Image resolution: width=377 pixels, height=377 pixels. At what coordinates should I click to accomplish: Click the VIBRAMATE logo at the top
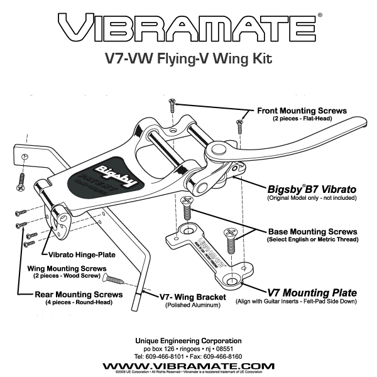coord(187,28)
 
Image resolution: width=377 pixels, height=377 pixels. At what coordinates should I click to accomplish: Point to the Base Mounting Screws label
coord(313,231)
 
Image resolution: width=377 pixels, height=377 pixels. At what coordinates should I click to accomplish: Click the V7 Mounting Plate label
coord(312,292)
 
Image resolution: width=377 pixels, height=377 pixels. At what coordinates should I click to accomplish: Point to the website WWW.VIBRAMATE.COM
coord(188,366)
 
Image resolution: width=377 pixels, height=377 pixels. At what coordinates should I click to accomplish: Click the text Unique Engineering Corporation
coord(188,341)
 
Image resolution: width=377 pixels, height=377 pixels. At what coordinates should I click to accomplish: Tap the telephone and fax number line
coord(188,356)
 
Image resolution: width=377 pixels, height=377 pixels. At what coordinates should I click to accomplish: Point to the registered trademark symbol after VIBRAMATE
coord(320,14)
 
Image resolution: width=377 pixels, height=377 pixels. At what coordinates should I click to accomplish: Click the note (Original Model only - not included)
coord(312,198)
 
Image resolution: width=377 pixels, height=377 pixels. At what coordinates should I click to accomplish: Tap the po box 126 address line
coord(188,348)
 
